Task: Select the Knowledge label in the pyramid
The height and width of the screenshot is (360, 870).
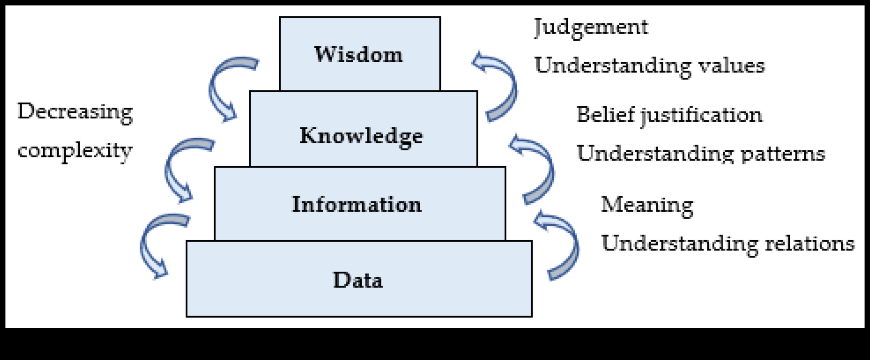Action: tap(361, 136)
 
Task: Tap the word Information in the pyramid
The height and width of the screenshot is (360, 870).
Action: tap(357, 204)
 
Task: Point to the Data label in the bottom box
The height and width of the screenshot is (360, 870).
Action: tap(358, 280)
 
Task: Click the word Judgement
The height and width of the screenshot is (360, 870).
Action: tap(591, 27)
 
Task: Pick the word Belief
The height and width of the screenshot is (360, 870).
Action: tap(605, 114)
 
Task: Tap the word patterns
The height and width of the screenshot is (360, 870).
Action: tap(783, 154)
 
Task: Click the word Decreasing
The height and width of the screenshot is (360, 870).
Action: tap(75, 112)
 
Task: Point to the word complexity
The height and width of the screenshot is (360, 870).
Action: tap(75, 151)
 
